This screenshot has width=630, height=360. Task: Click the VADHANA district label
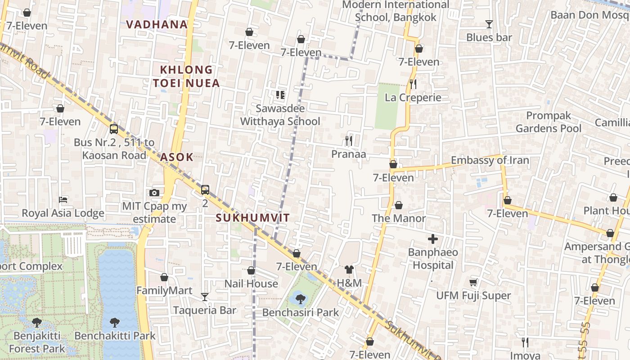157,24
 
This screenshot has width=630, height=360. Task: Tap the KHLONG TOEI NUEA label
186,76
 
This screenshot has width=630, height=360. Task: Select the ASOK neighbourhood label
177,157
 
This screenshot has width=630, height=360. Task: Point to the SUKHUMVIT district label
253,218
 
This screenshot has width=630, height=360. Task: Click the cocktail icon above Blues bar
489,24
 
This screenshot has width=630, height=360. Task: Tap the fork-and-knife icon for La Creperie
413,84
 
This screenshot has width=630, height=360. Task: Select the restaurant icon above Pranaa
349,141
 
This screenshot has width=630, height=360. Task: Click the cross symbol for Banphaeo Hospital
433,239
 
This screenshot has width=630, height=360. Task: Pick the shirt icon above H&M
349,270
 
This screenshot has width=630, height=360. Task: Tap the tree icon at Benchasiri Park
300,299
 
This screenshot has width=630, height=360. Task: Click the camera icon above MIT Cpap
154,193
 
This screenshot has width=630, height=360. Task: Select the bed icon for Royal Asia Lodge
63,199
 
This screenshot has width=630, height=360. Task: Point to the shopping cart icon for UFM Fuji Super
473,282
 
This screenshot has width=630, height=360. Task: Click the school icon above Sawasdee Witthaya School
280,95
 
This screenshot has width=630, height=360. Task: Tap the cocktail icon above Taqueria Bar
205,297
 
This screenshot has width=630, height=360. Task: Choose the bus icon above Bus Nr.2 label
114,129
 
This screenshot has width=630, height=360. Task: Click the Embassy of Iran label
490,160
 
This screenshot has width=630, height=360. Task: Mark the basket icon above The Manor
399,206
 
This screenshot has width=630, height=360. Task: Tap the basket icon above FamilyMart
164,277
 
